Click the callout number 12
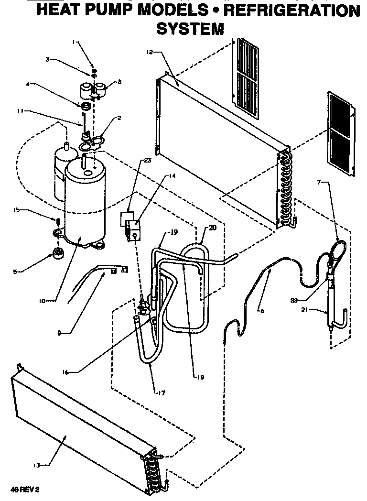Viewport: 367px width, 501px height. click(x=150, y=52)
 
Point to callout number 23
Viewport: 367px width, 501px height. click(x=147, y=161)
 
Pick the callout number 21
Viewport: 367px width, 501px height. click(x=305, y=310)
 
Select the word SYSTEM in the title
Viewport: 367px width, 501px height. click(x=190, y=30)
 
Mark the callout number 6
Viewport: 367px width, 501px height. click(x=261, y=310)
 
